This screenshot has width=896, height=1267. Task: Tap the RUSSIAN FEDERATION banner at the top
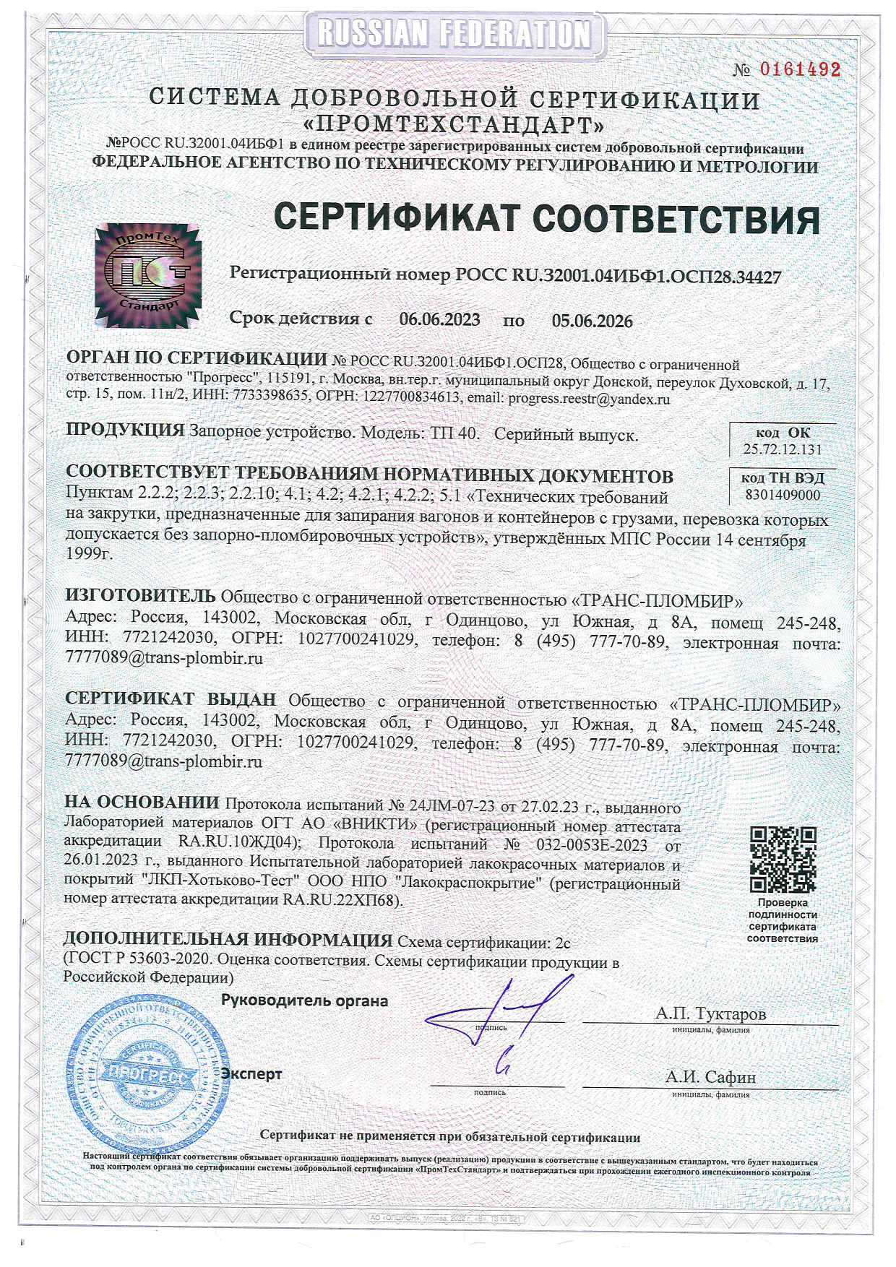pos(454,33)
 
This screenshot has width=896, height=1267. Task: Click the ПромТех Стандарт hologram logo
pos(148,275)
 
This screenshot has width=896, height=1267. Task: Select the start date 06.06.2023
pos(439,320)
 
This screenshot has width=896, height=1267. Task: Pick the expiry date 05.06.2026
pos(592,321)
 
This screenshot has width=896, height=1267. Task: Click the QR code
pos(783,858)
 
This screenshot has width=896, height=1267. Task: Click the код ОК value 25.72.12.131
pos(783,449)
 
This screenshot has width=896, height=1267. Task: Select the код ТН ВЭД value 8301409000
pos(783,496)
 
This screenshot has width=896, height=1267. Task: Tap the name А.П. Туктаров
pos(710,1013)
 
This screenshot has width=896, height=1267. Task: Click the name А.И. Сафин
pos(710,1077)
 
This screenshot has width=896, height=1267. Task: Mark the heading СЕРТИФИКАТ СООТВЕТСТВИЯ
pos(547,218)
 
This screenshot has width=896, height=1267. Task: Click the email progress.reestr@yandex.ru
pos(588,399)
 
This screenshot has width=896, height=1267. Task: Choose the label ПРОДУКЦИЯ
pos(125,430)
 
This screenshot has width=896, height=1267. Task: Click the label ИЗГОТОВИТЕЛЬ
pos(140,596)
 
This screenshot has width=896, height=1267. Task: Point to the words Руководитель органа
pos(304,1001)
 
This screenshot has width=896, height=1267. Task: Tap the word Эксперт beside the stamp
pos(251,1074)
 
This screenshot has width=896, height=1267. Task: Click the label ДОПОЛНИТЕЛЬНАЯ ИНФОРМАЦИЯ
pos(228,940)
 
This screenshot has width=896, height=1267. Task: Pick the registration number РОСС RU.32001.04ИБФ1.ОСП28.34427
pos(618,275)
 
